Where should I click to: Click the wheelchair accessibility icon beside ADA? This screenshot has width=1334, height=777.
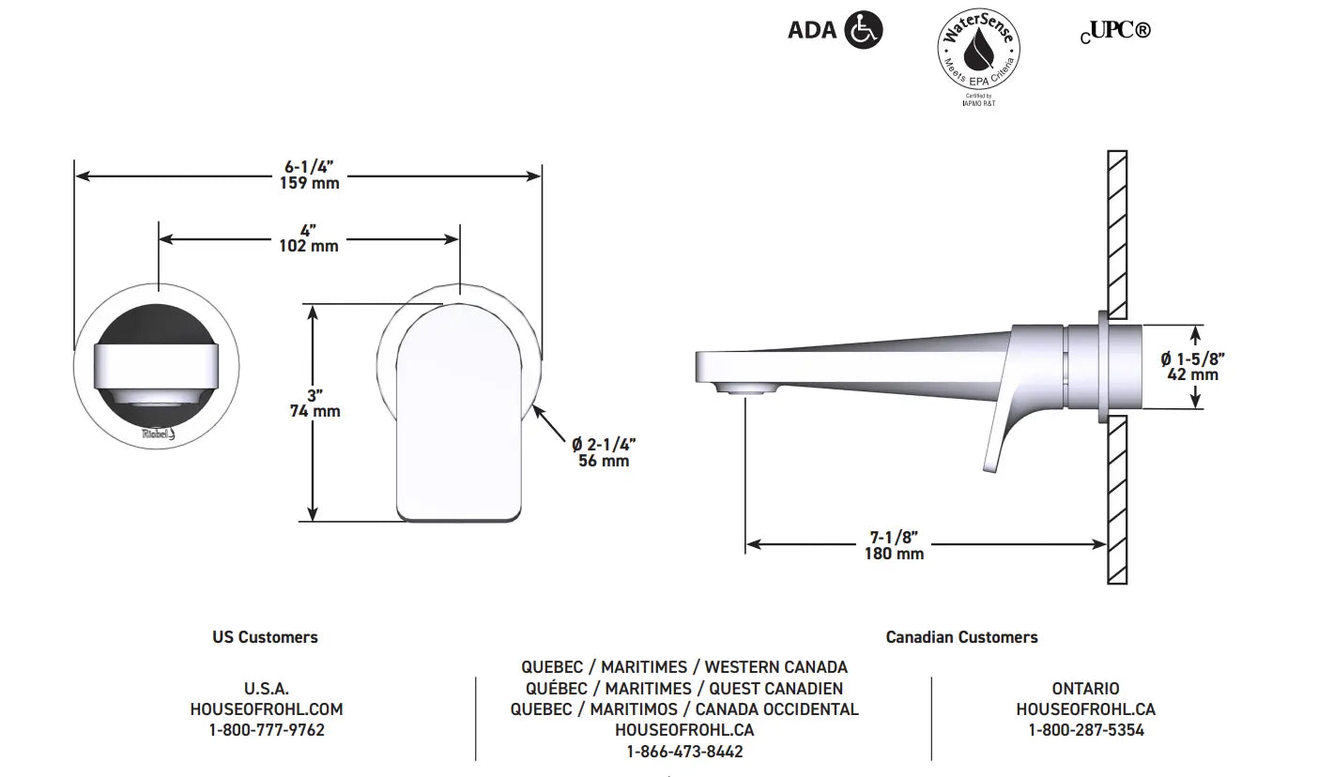[864, 29]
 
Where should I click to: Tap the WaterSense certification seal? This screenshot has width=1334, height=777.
[978, 49]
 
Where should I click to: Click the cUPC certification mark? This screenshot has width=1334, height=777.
[1115, 31]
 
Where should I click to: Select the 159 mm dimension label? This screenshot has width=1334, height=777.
[310, 183]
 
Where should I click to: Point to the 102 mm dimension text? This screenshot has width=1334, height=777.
[309, 246]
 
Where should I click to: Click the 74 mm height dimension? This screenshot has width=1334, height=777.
[315, 411]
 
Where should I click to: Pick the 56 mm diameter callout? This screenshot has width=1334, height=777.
[604, 460]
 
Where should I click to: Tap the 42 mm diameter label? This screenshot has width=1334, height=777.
[1193, 374]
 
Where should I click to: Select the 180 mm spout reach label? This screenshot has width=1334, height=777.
[895, 554]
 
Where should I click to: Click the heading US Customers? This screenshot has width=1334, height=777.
[265, 637]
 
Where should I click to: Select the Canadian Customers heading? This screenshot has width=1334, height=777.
[962, 637]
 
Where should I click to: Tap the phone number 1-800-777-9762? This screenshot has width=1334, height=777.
[267, 730]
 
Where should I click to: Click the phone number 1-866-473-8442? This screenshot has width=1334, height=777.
[685, 752]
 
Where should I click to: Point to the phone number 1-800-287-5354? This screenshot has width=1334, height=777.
[1086, 730]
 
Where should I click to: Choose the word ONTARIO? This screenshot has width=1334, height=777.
[1085, 688]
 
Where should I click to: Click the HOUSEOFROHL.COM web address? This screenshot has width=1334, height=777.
[267, 709]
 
